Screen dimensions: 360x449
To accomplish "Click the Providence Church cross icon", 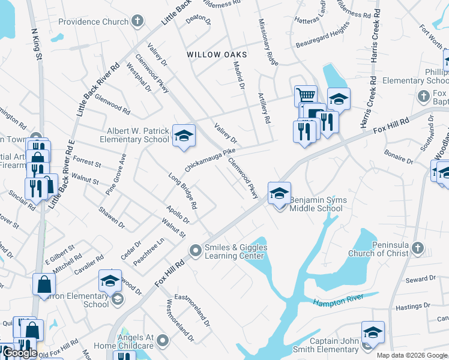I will click(x=138, y=22).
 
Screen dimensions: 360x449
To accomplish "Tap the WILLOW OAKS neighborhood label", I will click(x=217, y=54).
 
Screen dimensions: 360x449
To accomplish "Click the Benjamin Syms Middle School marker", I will click(x=279, y=193).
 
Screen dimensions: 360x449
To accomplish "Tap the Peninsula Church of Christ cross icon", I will click(x=418, y=248).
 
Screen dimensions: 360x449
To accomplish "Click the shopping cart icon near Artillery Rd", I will click(x=306, y=95).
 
